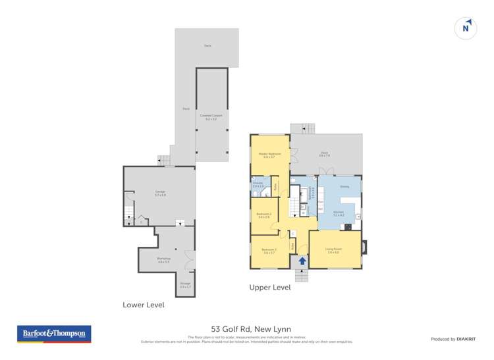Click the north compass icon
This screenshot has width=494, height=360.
point(466,28)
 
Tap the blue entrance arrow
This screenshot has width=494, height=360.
point(302,261)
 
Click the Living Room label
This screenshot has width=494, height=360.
point(333,251)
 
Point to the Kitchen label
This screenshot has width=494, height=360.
point(339,213)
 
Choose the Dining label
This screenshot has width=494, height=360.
point(344,187)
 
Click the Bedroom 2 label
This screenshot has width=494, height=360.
point(264,215)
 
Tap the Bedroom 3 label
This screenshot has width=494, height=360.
point(269,251)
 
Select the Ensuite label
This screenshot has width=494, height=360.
point(258,186)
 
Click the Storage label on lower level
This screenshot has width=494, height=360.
point(185,285)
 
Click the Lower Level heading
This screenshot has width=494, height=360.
point(144,305)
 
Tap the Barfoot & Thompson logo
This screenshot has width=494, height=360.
point(53,334)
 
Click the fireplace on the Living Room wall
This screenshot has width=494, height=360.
point(366,249)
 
